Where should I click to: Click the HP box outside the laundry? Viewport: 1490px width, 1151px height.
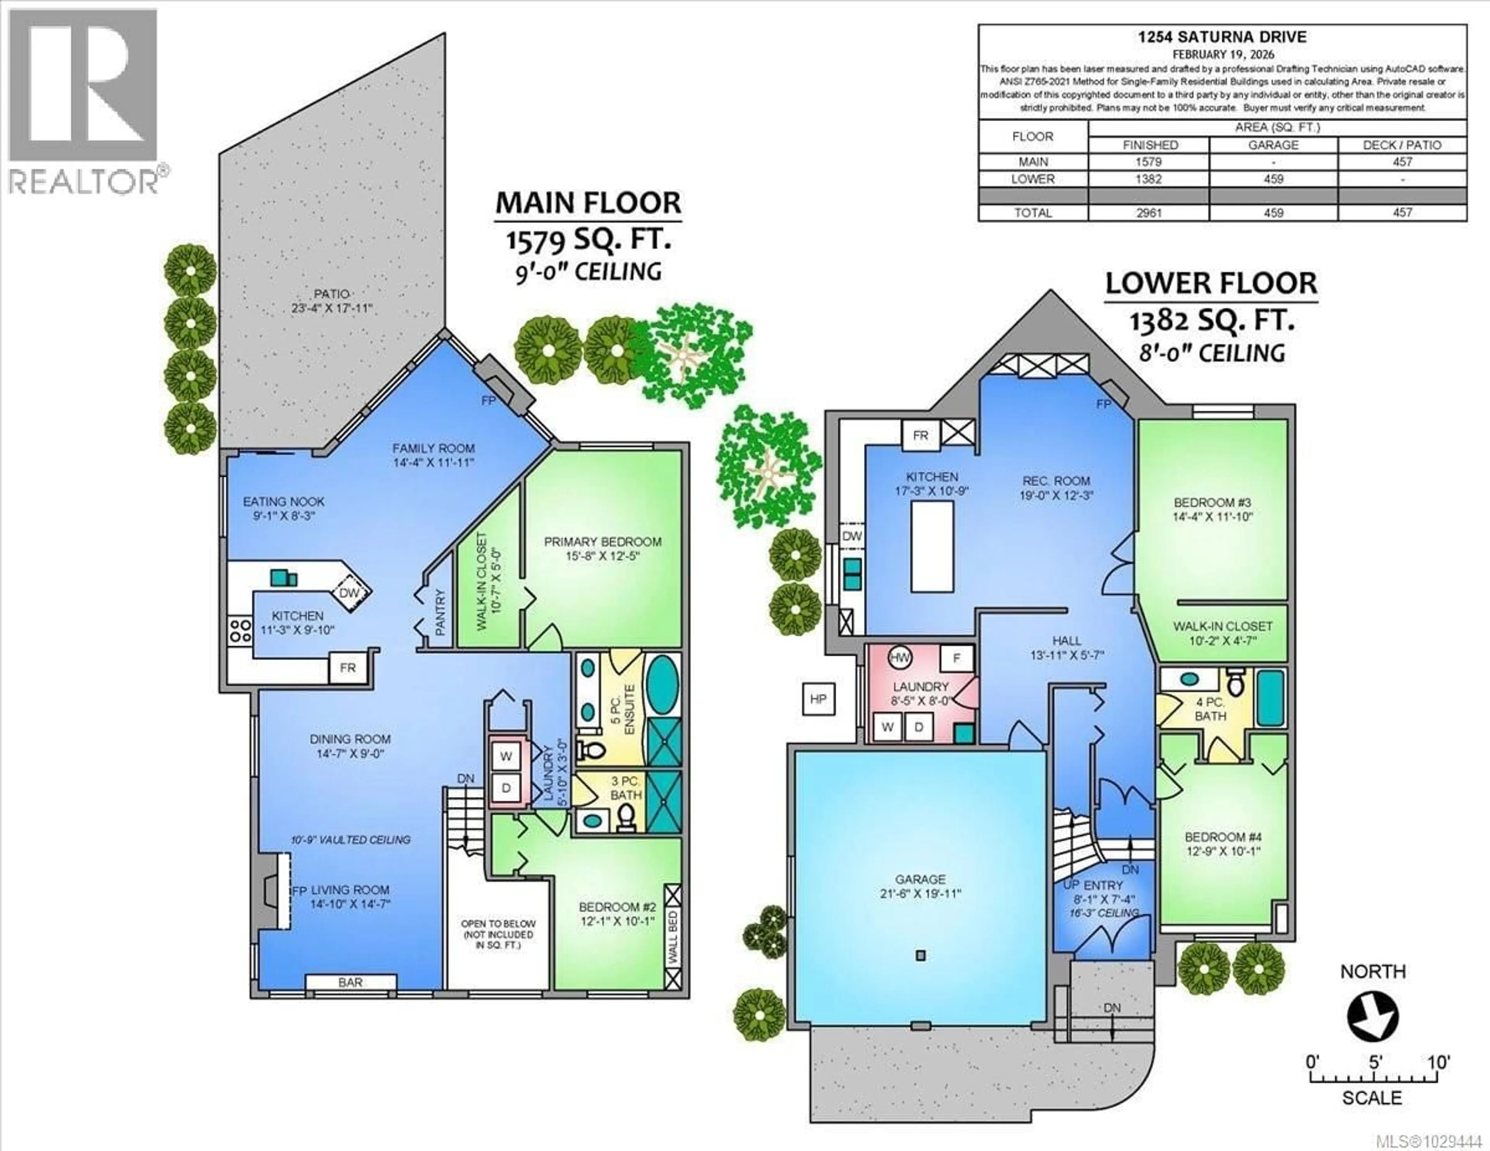(x=818, y=699)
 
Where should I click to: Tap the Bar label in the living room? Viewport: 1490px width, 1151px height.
(x=351, y=983)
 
